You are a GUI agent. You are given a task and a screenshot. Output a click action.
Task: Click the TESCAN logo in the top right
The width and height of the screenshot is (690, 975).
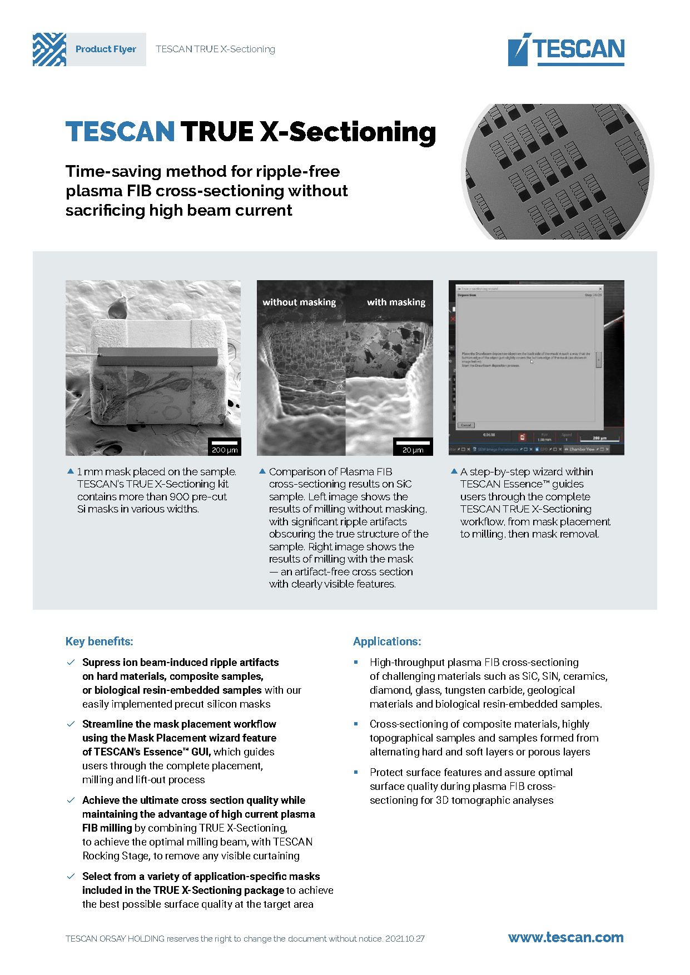click(x=566, y=49)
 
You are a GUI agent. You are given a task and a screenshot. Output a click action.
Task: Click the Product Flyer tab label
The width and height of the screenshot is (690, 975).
click(x=106, y=49)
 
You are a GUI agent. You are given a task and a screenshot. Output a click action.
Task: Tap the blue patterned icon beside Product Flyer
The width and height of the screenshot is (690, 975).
click(x=49, y=49)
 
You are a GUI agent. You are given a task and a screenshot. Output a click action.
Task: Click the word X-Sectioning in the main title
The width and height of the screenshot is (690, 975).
click(x=348, y=132)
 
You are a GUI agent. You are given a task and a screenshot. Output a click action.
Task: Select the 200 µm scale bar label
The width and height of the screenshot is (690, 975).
click(x=225, y=450)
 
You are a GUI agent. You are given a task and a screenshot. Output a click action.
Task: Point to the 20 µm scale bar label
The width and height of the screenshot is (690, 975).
click(x=413, y=450)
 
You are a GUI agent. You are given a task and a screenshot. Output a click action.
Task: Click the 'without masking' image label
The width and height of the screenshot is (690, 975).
click(x=299, y=302)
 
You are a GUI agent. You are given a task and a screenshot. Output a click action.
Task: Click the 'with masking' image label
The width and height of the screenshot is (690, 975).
click(x=396, y=302)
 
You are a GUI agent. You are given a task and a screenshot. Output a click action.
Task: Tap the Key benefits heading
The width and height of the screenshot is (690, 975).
click(x=100, y=641)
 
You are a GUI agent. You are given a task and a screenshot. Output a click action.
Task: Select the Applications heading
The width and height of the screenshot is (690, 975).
click(x=387, y=641)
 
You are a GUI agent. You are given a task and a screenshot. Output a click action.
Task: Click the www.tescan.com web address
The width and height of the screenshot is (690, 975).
click(x=565, y=938)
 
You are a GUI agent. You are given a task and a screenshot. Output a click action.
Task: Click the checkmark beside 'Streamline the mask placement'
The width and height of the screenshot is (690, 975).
click(x=71, y=724)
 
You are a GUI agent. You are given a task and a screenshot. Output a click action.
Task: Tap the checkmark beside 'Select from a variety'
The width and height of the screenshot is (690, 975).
click(x=71, y=876)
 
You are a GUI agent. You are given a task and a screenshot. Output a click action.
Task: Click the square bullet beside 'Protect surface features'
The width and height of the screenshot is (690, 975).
click(x=356, y=772)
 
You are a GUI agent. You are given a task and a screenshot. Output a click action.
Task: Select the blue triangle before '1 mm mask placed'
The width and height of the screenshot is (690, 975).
click(x=70, y=471)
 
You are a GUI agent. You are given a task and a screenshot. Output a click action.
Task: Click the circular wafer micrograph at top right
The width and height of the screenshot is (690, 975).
click(x=557, y=172)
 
